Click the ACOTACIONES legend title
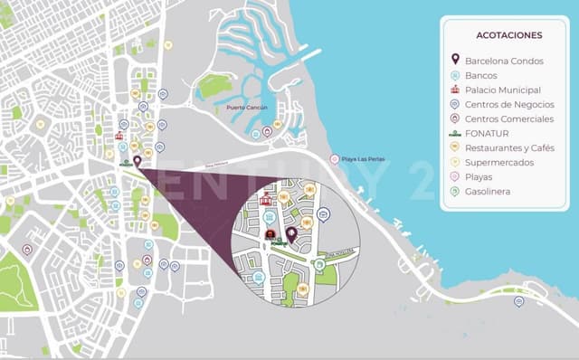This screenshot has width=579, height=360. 508,35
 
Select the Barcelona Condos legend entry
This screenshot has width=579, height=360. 504,61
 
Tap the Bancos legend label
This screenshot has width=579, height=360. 480,75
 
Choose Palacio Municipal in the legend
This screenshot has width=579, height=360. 503,90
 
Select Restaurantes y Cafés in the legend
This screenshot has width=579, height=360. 509,147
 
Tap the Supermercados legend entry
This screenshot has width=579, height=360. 498,162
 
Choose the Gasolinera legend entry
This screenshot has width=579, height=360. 489,191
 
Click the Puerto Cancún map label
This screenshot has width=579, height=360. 246,108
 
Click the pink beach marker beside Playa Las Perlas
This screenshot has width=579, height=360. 335,159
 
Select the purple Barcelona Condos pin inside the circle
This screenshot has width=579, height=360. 291,233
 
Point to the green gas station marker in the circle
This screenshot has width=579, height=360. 319,265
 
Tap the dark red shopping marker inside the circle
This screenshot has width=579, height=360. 271,234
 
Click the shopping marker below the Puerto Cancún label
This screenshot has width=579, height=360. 267,132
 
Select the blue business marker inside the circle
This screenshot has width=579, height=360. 324,214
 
